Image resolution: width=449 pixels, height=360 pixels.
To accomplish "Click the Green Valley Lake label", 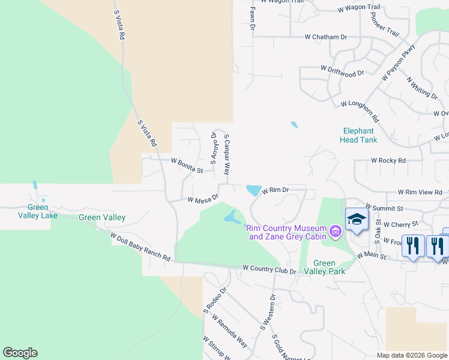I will tap(38, 212).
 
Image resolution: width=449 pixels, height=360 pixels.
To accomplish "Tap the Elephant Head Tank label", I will tap(358, 136).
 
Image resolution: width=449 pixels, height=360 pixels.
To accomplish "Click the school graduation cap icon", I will tap(356, 220).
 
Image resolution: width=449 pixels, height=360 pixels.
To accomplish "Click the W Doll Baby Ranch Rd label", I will tap(140, 247).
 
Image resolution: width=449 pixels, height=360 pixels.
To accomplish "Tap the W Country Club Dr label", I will tap(270, 270).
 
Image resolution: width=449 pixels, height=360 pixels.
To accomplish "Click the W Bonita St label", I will tap(187, 166).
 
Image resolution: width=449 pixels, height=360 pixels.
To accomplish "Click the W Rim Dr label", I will tap(276, 190).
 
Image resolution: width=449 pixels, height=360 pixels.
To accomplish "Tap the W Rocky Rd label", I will tap(388, 161).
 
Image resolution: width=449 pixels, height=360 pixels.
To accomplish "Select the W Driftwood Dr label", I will tap(342, 71).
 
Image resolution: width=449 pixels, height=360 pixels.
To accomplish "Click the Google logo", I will tap(20, 353).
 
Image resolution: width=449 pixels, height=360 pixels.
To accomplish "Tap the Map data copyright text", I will tap(411, 355).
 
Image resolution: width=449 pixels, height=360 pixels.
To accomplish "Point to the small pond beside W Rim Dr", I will tap(253, 190).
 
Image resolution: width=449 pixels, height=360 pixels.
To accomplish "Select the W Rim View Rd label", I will tap(420, 192).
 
